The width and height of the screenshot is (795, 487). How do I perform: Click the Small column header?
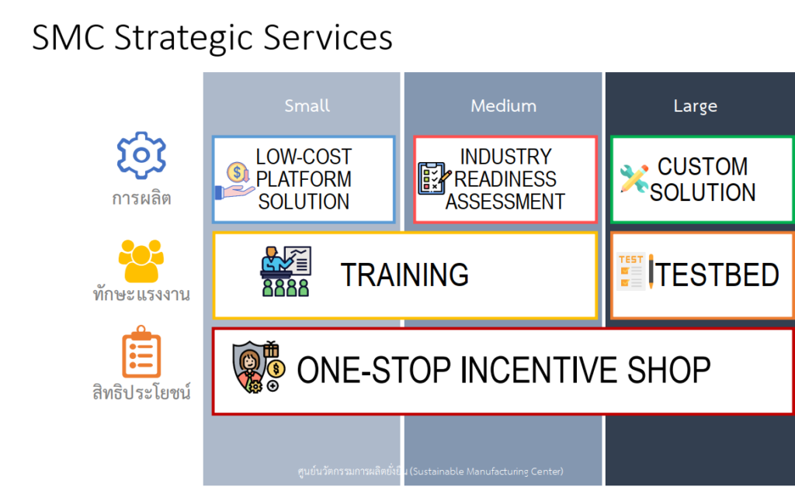click(307, 105)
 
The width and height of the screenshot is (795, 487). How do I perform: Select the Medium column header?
click(503, 105)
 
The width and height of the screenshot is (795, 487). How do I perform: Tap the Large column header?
click(695, 106)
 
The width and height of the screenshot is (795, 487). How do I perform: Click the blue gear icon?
click(141, 155)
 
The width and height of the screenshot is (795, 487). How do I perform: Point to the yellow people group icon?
click(141, 261)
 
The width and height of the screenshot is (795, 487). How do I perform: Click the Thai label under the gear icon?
click(141, 198)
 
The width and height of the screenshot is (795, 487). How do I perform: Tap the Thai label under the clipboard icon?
click(141, 392)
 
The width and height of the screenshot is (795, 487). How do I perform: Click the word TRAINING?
click(404, 275)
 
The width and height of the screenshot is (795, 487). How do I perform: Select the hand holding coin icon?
click(234, 181)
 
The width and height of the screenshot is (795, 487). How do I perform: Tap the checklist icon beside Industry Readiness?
click(434, 178)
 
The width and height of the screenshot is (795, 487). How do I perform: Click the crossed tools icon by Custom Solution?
click(634, 178)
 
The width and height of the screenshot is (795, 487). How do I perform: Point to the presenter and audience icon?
click(286, 271)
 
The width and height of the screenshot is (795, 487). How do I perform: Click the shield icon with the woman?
click(259, 367)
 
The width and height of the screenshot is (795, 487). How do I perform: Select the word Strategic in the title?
click(183, 38)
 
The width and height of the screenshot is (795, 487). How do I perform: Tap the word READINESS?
click(505, 179)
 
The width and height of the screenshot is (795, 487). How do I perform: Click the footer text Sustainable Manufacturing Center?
click(487, 471)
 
